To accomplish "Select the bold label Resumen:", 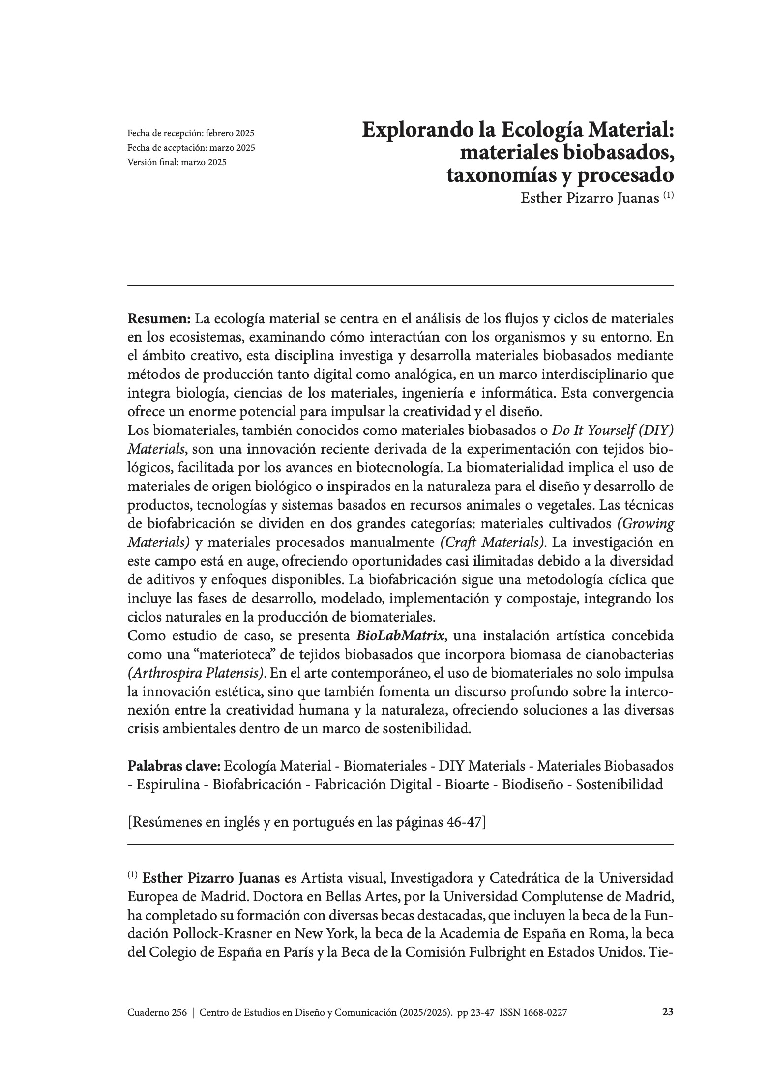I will (159, 319).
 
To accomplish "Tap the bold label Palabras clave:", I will (175, 766).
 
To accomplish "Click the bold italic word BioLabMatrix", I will (401, 636).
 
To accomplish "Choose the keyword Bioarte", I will (467, 784).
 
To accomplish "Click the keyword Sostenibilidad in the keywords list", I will (620, 784).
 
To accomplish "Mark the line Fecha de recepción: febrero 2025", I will (191, 133).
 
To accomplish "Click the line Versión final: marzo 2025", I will (177, 162).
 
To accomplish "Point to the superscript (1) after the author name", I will (668, 195).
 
